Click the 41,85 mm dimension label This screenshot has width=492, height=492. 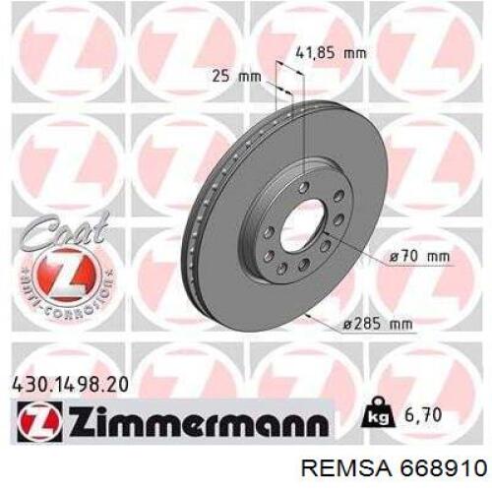click(331, 52)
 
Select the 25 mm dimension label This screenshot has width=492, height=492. click(236, 77)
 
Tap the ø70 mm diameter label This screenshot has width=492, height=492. click(419, 256)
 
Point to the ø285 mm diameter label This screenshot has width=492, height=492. click(378, 324)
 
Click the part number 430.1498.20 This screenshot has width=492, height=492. click(70, 385)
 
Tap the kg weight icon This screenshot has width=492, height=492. click(378, 413)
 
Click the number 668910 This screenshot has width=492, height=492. click(443, 469)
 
